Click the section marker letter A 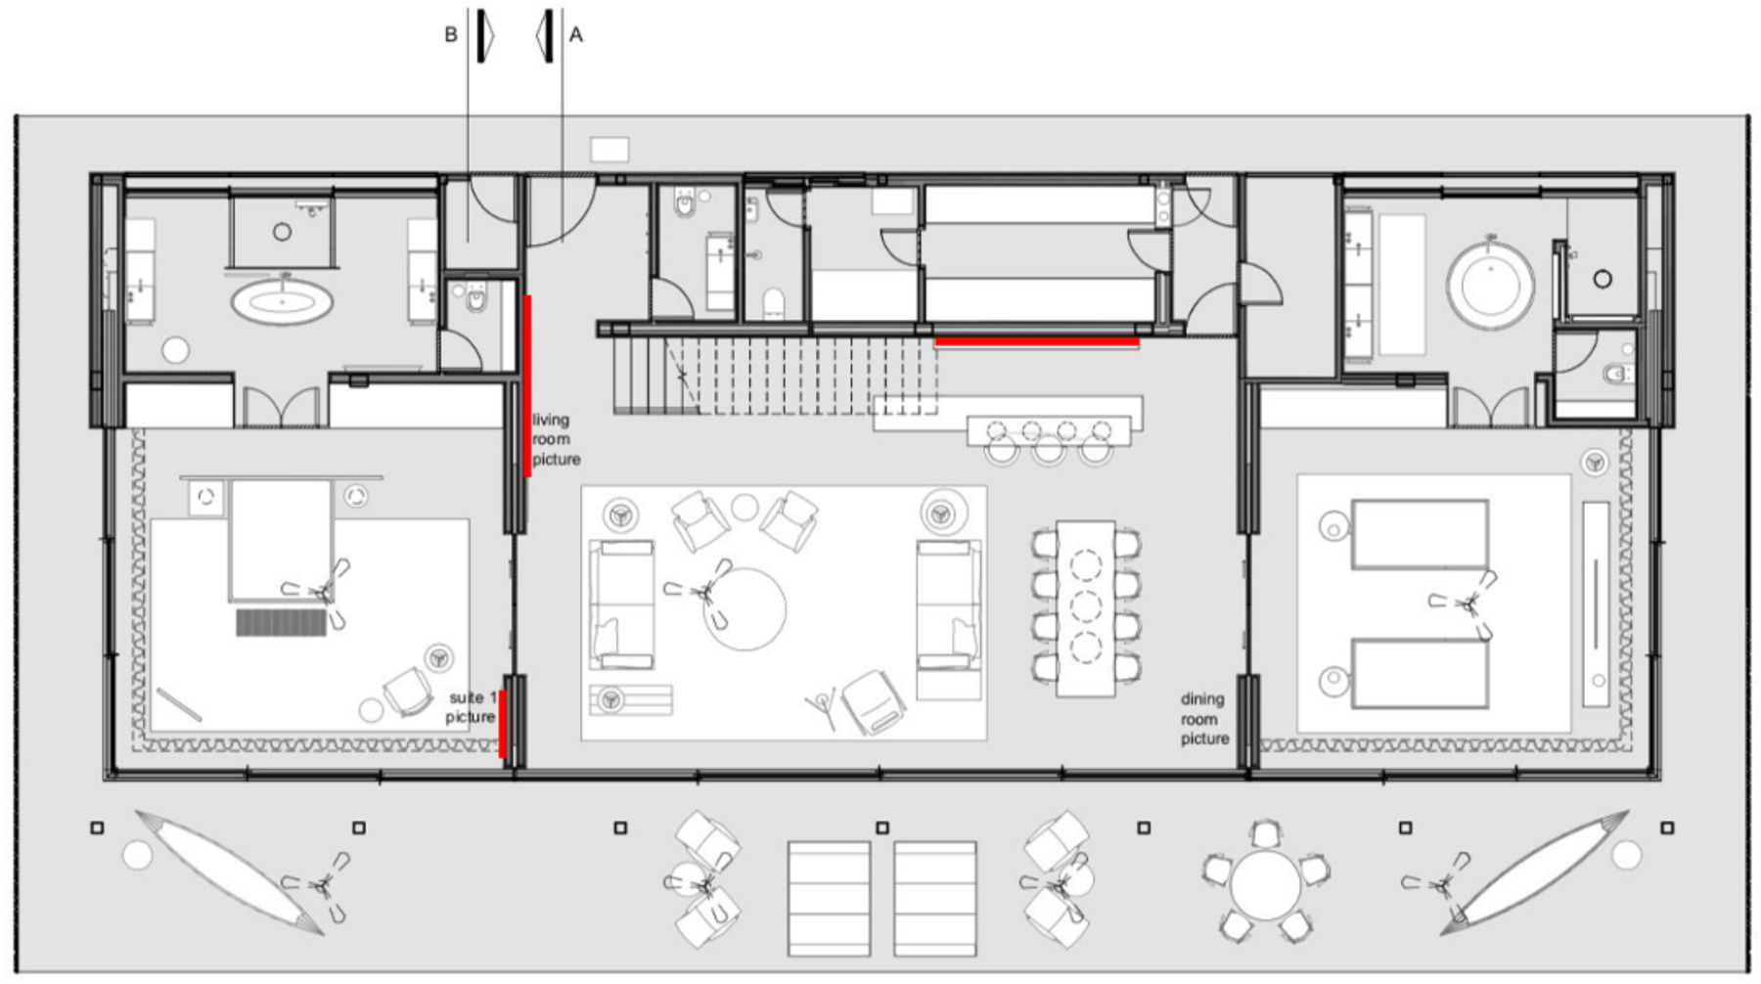tap(576, 35)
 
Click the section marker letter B tap(451, 35)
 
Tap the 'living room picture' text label tap(556, 439)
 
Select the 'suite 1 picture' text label tap(472, 707)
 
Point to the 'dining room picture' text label tap(1203, 719)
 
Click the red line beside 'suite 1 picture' tap(503, 724)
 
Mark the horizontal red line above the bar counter tap(1037, 342)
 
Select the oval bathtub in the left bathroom tap(282, 300)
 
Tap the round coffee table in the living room tap(745, 609)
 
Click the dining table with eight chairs tap(1085, 608)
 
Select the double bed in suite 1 tap(281, 539)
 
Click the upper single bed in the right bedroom tap(1420, 534)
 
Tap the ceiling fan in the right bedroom tap(1465, 604)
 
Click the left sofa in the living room tap(621, 604)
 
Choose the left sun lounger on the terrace tap(829, 898)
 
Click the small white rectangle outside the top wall tap(610, 150)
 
